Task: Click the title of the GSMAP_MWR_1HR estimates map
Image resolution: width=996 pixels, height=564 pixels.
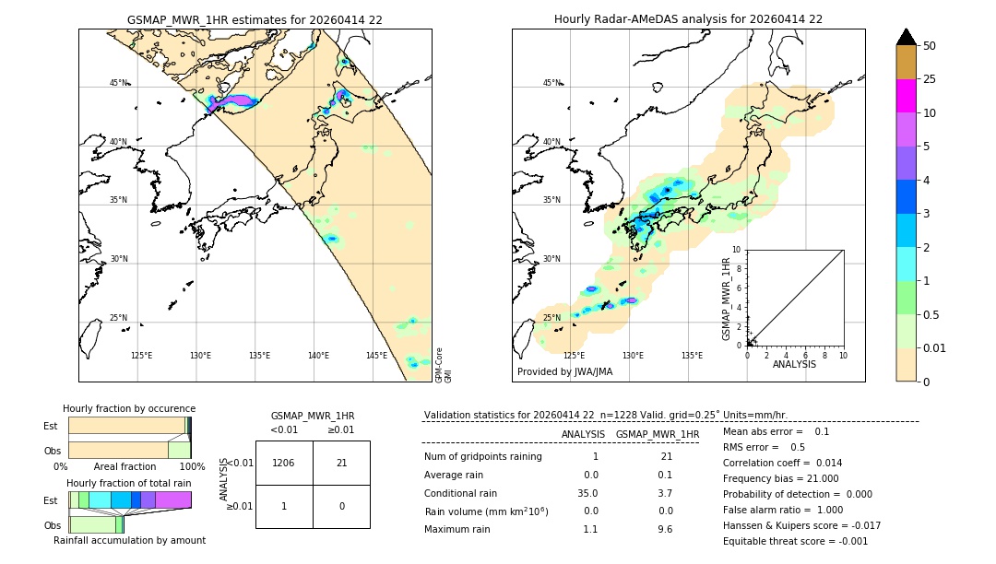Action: (255, 19)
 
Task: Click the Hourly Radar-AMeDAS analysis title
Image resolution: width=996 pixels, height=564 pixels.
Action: (688, 19)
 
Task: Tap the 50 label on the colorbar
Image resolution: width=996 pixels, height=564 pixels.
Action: (930, 46)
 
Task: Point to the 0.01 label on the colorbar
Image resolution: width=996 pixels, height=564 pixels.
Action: (936, 347)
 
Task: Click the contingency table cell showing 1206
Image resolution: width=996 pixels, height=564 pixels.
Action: (284, 463)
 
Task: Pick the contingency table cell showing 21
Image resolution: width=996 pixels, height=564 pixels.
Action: (341, 463)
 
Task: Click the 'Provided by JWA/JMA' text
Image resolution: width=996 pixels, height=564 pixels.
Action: (564, 371)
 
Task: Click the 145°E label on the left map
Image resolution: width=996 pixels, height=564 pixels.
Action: (376, 356)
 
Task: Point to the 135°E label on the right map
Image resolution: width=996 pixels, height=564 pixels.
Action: (692, 356)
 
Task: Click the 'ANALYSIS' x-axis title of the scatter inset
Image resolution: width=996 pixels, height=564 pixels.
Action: (794, 364)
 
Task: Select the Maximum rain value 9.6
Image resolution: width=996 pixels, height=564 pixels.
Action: (664, 529)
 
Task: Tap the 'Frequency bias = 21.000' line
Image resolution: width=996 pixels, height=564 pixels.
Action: (780, 478)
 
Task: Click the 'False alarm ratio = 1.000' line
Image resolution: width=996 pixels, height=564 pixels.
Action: (783, 510)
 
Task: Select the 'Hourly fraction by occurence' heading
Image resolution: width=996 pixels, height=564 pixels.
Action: (129, 408)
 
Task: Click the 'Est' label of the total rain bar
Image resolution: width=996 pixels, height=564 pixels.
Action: (50, 500)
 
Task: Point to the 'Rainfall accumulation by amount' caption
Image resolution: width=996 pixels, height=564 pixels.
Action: (129, 540)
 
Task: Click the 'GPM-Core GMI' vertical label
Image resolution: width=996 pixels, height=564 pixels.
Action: (444, 365)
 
